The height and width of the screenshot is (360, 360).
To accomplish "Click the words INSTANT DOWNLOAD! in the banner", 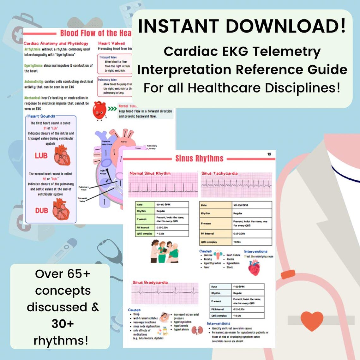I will (x=242, y=26).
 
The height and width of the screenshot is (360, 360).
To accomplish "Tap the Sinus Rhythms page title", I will (x=199, y=159).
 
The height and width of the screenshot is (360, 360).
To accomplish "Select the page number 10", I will (x=269, y=154).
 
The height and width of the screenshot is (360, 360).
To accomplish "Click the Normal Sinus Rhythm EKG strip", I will (x=163, y=187).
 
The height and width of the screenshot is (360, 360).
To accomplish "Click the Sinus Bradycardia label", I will (x=150, y=282).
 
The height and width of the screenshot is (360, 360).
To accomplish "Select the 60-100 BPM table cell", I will (x=172, y=205).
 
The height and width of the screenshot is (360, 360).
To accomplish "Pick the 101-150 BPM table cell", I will (x=252, y=205).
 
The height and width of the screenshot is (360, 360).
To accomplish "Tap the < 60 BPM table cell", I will (x=248, y=286).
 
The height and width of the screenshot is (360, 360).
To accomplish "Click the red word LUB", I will (x=41, y=156).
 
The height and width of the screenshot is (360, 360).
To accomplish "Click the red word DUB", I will (x=41, y=210).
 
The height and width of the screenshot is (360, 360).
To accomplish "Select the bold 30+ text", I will (x=63, y=324).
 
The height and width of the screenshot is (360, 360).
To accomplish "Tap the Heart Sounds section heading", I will (x=41, y=116).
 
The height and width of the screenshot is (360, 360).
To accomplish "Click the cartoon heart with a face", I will (x=99, y=110).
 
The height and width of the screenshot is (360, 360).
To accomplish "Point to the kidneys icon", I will (x=197, y=331).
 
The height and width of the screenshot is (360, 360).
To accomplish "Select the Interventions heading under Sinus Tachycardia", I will (x=255, y=251).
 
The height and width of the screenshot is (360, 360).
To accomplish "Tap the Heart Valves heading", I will (x=111, y=43).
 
